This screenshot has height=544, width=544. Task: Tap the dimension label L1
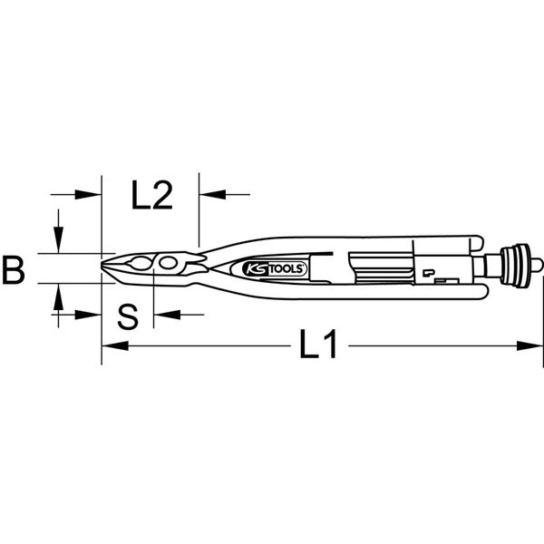pos(318,345)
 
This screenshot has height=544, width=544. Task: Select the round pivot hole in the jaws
pos(168,263)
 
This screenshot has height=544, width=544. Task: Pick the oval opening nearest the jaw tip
pos(140,264)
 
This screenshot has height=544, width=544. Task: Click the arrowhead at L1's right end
pos(534,345)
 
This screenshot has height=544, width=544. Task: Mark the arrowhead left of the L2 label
pos(92,194)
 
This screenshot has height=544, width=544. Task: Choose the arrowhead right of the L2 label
pos(207,194)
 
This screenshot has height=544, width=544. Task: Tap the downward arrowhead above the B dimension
pos(59,244)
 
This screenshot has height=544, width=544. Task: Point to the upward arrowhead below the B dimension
pos(59,292)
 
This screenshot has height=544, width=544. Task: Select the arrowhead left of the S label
pos(93,315)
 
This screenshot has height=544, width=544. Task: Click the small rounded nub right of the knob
pos(537,267)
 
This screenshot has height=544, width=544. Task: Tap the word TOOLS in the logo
pos(286,269)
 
